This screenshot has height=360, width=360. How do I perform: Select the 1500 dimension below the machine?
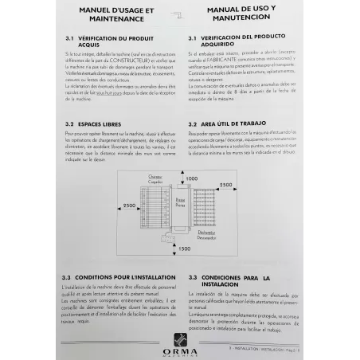pyautogui.click(x=185, y=248)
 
